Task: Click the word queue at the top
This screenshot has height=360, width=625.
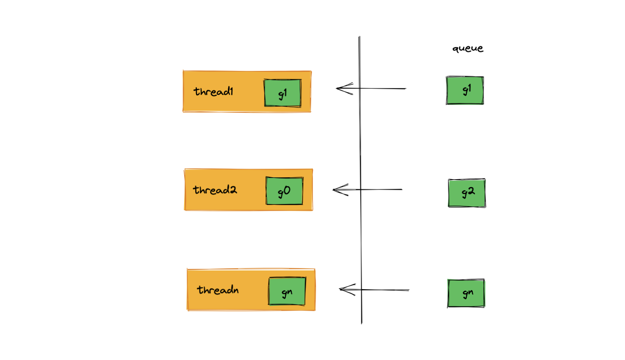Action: [468, 48]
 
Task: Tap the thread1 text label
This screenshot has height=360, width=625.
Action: [213, 91]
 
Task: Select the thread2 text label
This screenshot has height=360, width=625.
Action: [215, 190]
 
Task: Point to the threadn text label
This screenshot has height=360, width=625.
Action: [218, 290]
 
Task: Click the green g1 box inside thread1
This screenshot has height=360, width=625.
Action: [283, 93]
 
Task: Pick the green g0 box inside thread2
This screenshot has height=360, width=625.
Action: [284, 191]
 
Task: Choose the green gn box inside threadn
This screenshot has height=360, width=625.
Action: [287, 291]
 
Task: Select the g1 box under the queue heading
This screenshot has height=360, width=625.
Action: [465, 90]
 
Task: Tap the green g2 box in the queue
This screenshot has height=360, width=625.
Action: [467, 193]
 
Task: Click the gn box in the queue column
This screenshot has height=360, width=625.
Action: [466, 293]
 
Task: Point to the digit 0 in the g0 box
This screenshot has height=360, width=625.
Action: [287, 191]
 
